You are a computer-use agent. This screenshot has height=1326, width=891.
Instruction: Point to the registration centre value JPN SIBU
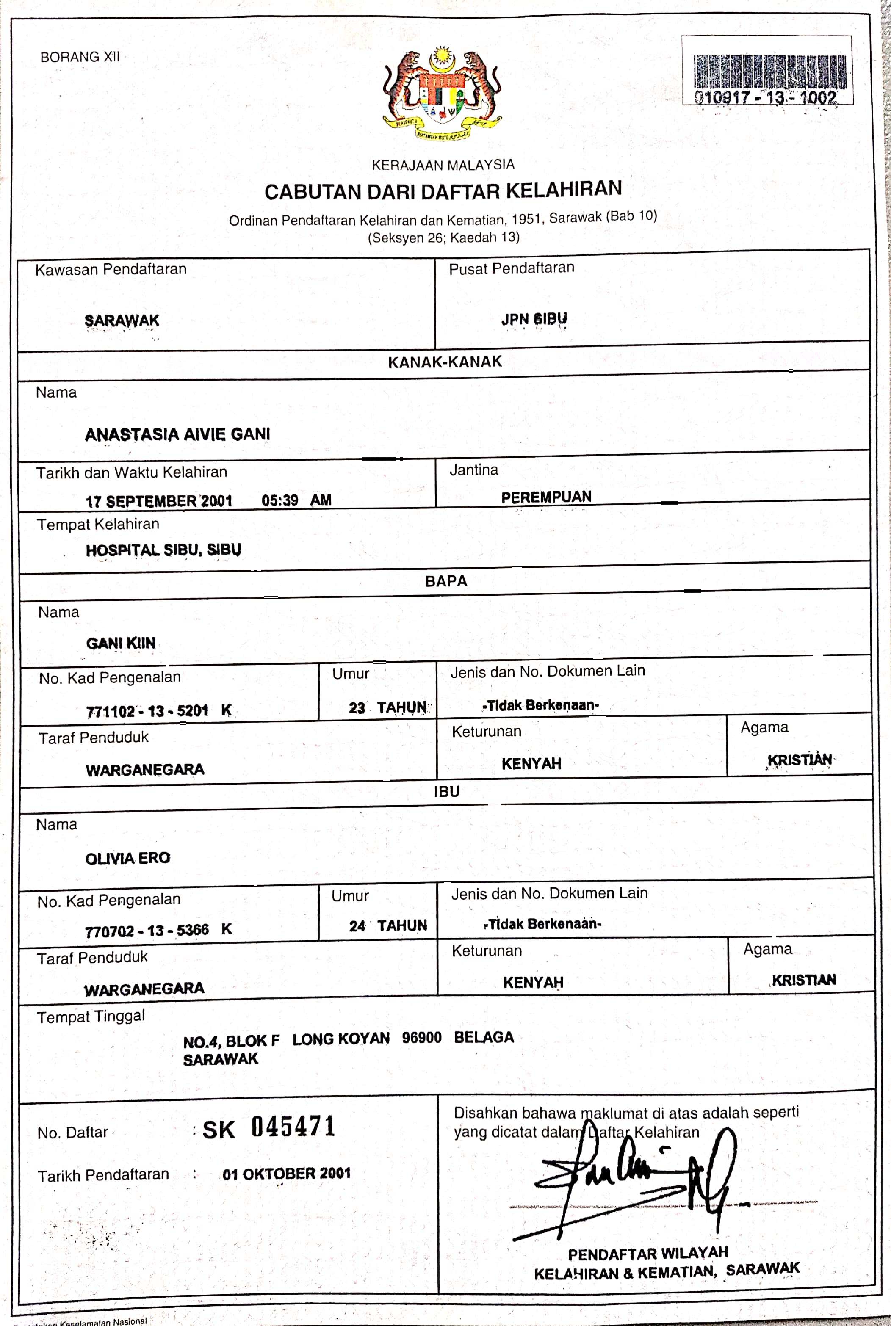(x=534, y=319)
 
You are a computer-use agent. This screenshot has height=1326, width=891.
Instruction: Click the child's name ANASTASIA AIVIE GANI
(x=177, y=435)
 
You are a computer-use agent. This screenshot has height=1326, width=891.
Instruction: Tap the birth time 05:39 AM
(x=296, y=500)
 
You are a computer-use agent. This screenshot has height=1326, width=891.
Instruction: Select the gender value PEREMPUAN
(x=546, y=497)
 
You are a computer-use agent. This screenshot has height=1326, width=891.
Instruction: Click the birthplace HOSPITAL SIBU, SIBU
(x=163, y=550)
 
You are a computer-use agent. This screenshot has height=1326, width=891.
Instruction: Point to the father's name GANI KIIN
(x=120, y=643)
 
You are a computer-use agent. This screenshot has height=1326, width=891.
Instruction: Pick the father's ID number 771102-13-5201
(x=147, y=711)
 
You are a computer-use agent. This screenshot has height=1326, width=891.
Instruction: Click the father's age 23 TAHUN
(x=387, y=708)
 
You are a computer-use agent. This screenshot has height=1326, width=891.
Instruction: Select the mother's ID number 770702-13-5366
(x=147, y=931)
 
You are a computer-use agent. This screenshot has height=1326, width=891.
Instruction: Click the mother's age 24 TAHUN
(x=387, y=926)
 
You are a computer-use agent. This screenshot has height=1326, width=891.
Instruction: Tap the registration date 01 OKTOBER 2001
(x=286, y=1174)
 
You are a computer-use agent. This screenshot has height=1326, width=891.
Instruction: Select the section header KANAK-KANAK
(x=445, y=362)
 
